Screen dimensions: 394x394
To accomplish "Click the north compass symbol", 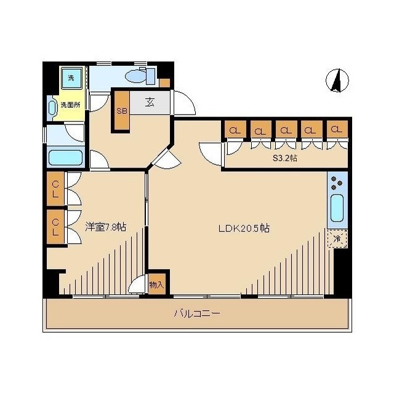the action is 337,81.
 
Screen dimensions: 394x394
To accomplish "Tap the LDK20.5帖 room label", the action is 244,228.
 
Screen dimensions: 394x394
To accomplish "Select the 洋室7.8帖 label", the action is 105,227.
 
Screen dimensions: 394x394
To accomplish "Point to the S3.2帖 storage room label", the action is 285,158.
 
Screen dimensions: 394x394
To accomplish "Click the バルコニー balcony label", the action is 197,313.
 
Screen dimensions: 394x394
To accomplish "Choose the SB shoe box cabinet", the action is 122,110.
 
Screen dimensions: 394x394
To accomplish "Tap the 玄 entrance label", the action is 150,102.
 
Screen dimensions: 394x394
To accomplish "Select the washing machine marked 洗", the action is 72,78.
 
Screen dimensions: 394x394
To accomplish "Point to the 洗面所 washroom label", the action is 70,105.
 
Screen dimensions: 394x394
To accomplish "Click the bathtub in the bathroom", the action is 66,158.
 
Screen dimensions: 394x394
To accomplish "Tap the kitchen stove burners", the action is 337,183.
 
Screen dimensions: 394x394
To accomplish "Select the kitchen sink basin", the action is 337,208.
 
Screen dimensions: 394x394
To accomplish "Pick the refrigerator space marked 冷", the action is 337,238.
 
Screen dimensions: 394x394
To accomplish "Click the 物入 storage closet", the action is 157,284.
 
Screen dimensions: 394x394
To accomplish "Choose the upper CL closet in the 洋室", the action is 55,189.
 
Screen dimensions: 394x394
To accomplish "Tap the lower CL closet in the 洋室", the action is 55,227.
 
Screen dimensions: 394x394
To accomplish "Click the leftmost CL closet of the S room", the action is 235,129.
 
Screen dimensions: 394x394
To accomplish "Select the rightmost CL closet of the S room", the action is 337,129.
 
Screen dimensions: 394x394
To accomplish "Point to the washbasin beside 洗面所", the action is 52,108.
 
